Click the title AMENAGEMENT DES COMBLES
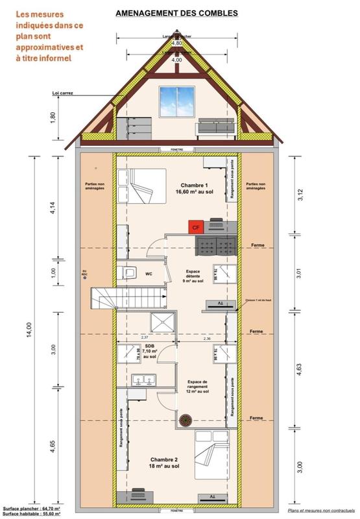176,12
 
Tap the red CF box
195,226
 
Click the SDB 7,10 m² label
149,350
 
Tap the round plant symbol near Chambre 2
186,419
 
